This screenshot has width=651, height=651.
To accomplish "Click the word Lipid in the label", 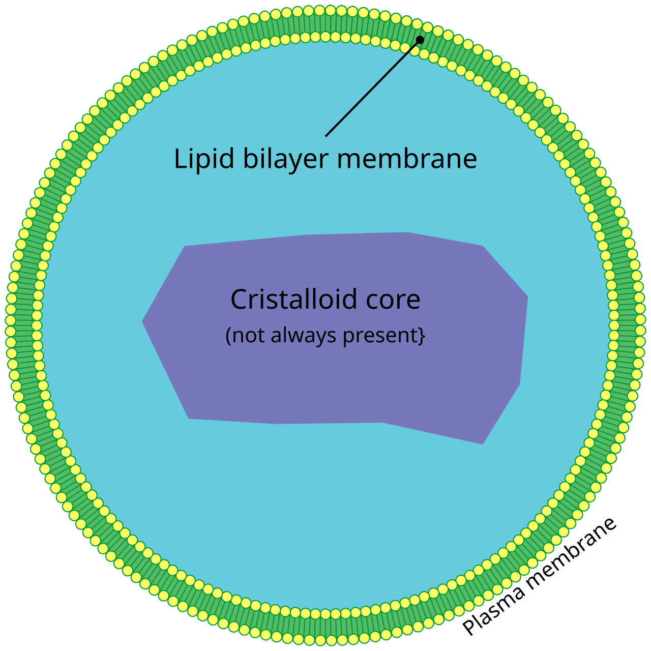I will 204,159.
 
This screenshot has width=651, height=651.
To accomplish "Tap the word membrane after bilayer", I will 407,159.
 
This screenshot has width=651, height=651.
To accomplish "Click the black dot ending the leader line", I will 420,40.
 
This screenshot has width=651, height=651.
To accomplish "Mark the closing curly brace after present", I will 422,336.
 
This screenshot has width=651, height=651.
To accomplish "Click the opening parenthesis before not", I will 228,336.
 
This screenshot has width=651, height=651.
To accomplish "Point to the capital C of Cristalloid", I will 239,299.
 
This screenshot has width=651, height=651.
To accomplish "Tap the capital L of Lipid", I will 179,159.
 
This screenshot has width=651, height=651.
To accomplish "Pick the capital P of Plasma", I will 471,627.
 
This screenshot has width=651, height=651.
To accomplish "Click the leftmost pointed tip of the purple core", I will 143,321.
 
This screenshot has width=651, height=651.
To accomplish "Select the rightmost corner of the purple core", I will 527,297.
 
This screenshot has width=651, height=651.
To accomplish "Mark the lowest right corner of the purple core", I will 482,443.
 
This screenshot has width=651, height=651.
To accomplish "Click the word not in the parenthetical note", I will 249,336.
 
